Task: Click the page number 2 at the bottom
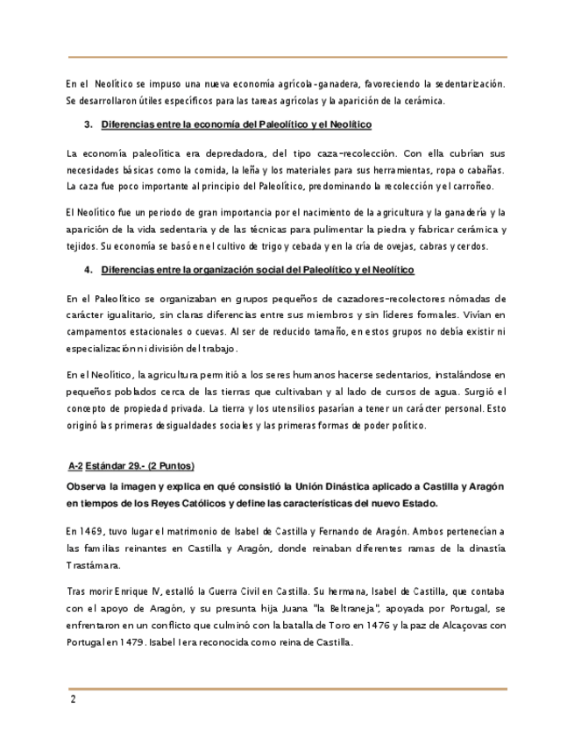click(74, 699)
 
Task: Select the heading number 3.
click(88, 125)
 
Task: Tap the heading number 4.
click(88, 270)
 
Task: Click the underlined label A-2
click(74, 465)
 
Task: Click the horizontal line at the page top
click(287, 58)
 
